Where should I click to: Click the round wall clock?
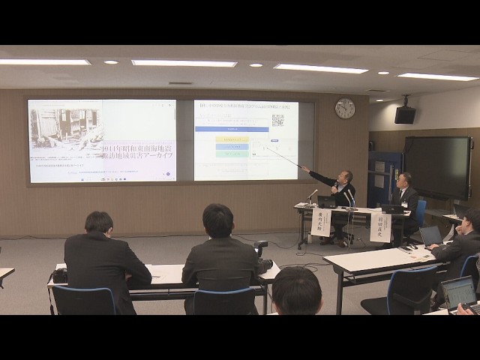click(345, 109)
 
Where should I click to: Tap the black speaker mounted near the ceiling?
click(405, 114)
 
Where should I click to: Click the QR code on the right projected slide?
click(277, 119)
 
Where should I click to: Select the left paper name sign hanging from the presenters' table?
click(320, 223)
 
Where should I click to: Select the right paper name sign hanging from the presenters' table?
click(379, 227)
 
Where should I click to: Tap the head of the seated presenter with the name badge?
click(403, 181)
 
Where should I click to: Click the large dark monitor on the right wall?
click(437, 166)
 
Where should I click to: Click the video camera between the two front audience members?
click(262, 254)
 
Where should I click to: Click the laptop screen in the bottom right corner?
click(458, 291)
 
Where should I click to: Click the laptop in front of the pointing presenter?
click(328, 202)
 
